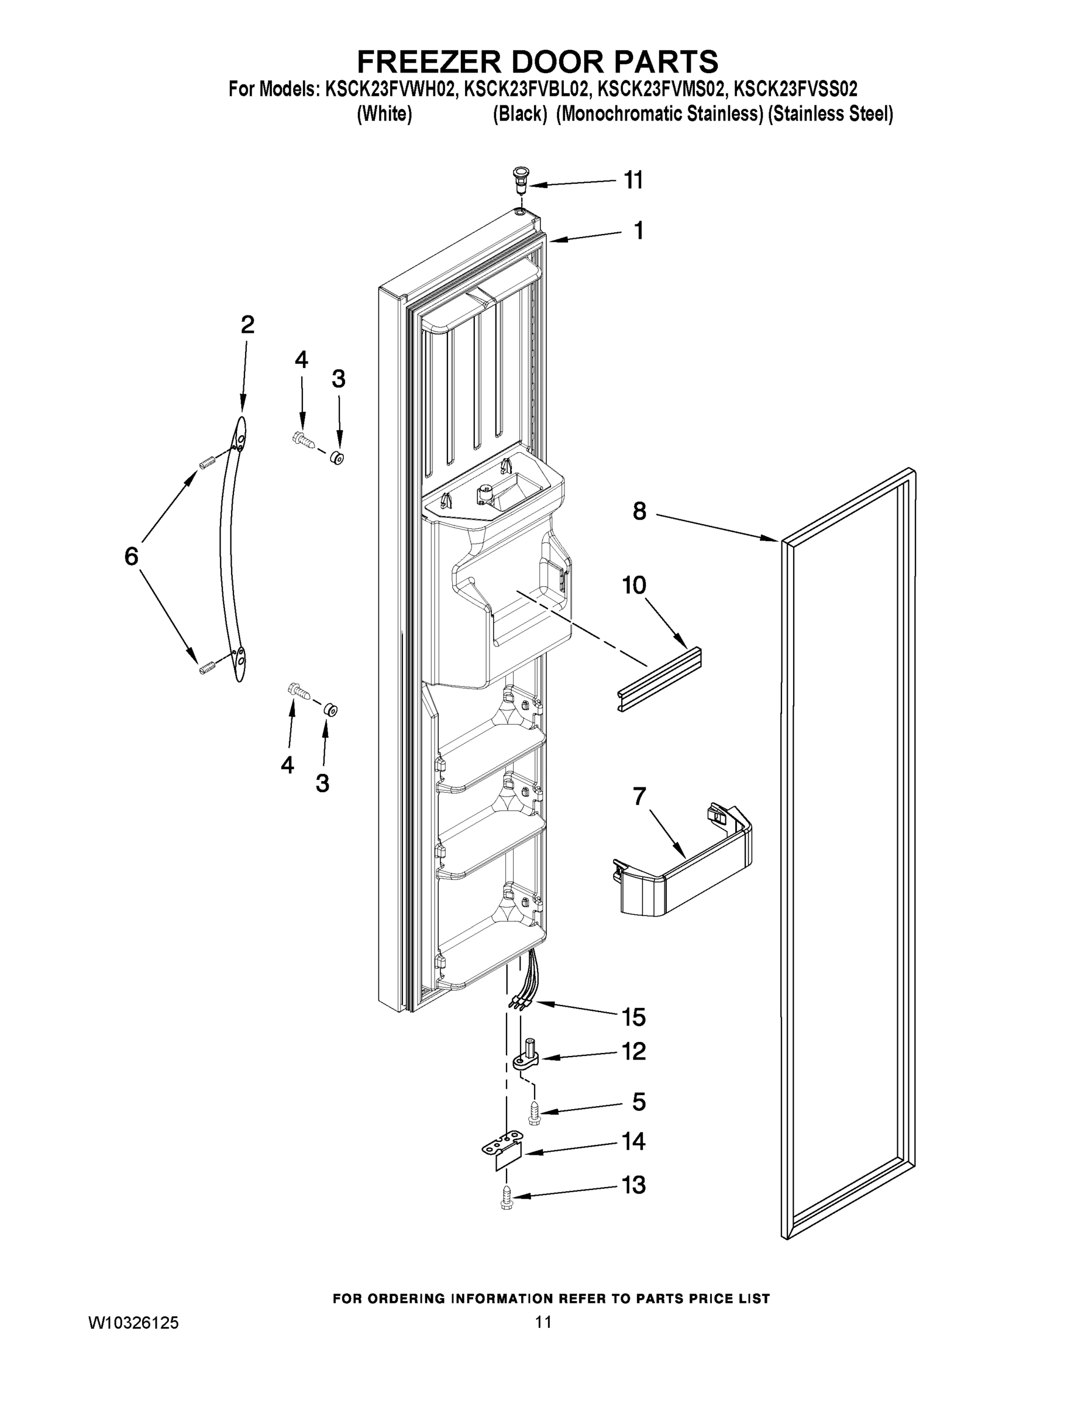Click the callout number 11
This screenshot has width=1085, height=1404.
pyautogui.click(x=633, y=181)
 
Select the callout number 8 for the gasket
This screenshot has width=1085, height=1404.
pyautogui.click(x=639, y=512)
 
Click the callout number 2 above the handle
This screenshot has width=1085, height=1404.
pyautogui.click(x=247, y=325)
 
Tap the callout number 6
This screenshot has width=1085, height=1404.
pyautogui.click(x=131, y=556)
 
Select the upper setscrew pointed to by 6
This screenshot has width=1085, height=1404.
pyautogui.click(x=206, y=462)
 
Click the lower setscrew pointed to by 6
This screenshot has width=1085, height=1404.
pyautogui.click(x=206, y=669)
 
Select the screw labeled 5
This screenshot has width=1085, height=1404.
pyautogui.click(x=535, y=1112)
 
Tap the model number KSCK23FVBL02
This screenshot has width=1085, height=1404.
pyautogui.click(x=526, y=89)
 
